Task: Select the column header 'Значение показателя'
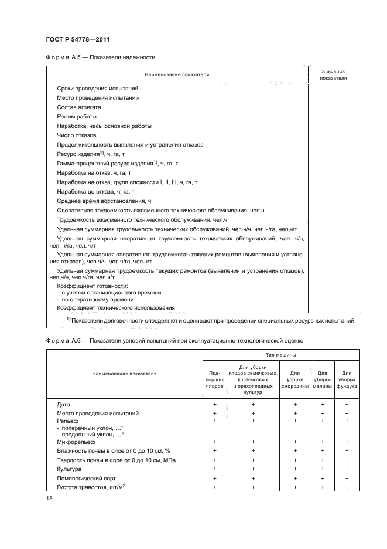pyautogui.click(x=333, y=74)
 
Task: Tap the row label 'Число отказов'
pyautogui.click(x=76, y=135)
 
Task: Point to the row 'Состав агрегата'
pyautogui.click(x=79, y=107)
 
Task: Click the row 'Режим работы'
pyautogui.click(x=77, y=117)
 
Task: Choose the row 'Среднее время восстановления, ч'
pyautogui.click(x=104, y=201)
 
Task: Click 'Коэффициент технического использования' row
pyautogui.click(x=116, y=307)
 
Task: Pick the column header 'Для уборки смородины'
pyautogui.click(x=295, y=379)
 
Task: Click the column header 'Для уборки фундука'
pyautogui.click(x=347, y=379)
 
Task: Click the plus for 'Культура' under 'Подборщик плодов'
pyautogui.click(x=215, y=469)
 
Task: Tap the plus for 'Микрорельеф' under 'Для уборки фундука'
pyautogui.click(x=347, y=442)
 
